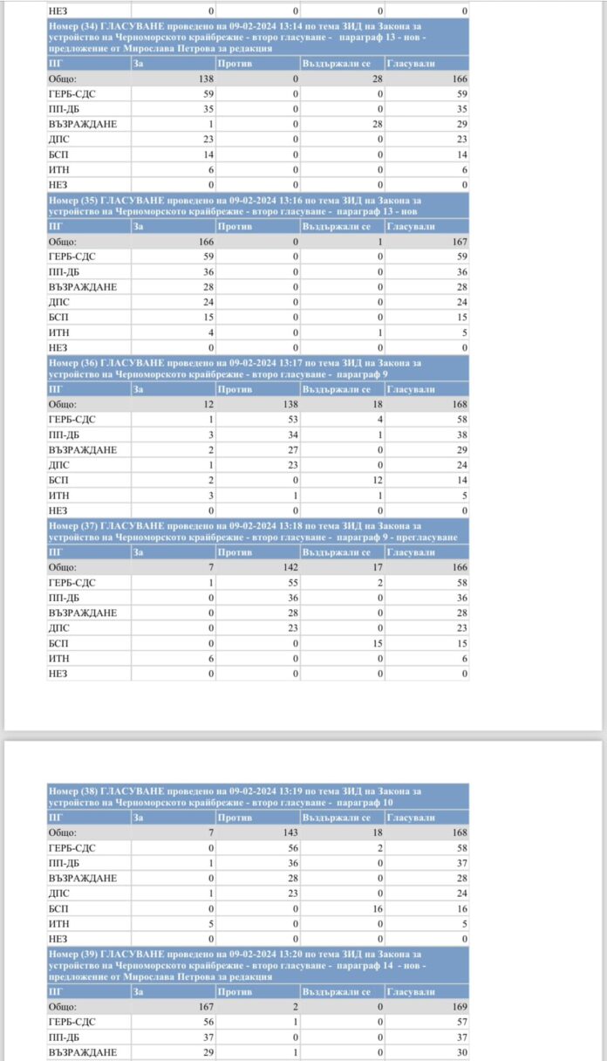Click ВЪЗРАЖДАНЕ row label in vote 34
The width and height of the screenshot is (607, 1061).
(83, 124)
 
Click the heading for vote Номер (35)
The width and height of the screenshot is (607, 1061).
(257, 205)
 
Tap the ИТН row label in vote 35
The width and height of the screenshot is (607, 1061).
(59, 332)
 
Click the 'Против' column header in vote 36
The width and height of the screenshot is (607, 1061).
(235, 389)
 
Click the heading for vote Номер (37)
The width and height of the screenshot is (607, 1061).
(257, 531)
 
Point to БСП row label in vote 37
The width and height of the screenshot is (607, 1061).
(59, 643)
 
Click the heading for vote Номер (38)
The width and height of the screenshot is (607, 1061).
(257, 797)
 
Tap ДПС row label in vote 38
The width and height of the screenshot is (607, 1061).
(59, 893)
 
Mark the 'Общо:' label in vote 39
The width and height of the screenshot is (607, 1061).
(63, 1007)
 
